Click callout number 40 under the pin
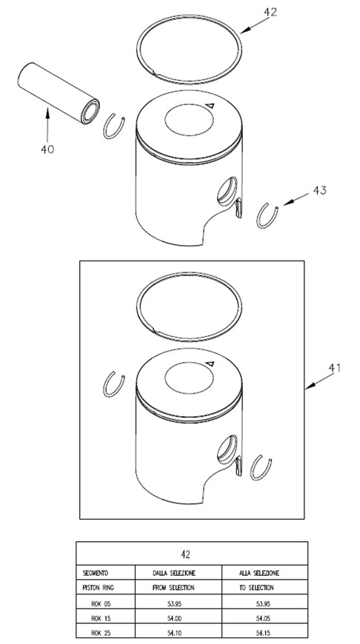tap(47, 149)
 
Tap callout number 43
tap(320, 190)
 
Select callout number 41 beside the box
tap(335, 368)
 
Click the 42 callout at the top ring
tap(270, 13)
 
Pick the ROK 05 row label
tap(101, 604)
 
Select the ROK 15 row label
tap(101, 618)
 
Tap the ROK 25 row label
tap(101, 634)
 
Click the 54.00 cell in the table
tap(176, 618)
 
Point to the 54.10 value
tap(176, 634)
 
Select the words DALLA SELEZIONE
tap(174, 572)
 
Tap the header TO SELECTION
tap(256, 588)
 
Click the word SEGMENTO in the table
tap(96, 572)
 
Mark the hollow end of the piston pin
tap(90, 112)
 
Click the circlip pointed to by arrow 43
tap(267, 215)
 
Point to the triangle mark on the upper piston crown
tap(210, 105)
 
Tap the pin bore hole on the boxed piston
tap(227, 449)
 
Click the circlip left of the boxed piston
tap(113, 384)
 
